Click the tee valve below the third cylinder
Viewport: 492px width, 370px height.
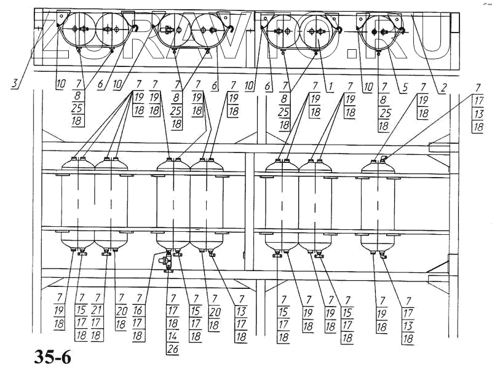(x=165, y=260)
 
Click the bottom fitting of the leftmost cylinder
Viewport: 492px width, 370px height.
(x=74, y=250)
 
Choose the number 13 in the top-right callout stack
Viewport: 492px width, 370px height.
(x=477, y=116)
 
